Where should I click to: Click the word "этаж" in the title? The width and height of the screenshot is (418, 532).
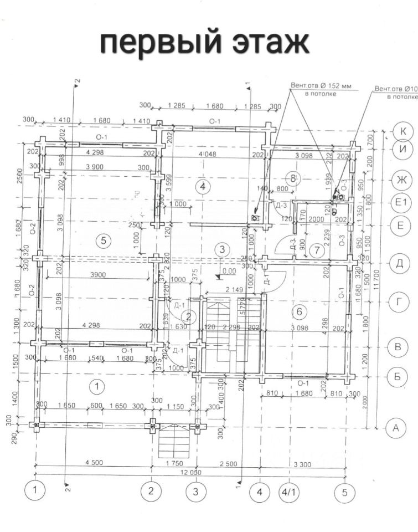pos(265,43)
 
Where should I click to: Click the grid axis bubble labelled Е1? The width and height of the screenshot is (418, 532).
pos(400,203)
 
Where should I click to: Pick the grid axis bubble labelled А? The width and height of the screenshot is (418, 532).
pos(395,427)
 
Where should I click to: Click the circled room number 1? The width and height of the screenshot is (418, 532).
pos(97,385)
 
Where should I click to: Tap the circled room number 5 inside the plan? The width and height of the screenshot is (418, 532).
pos(101,240)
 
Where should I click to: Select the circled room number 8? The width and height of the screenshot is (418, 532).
pos(293,178)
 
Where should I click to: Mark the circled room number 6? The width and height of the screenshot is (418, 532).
pos(300,312)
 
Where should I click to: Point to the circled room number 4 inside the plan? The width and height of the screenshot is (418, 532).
pos(203,186)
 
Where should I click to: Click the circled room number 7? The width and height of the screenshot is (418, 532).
pos(317,250)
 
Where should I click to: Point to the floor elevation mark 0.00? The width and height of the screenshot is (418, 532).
pos(228,272)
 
